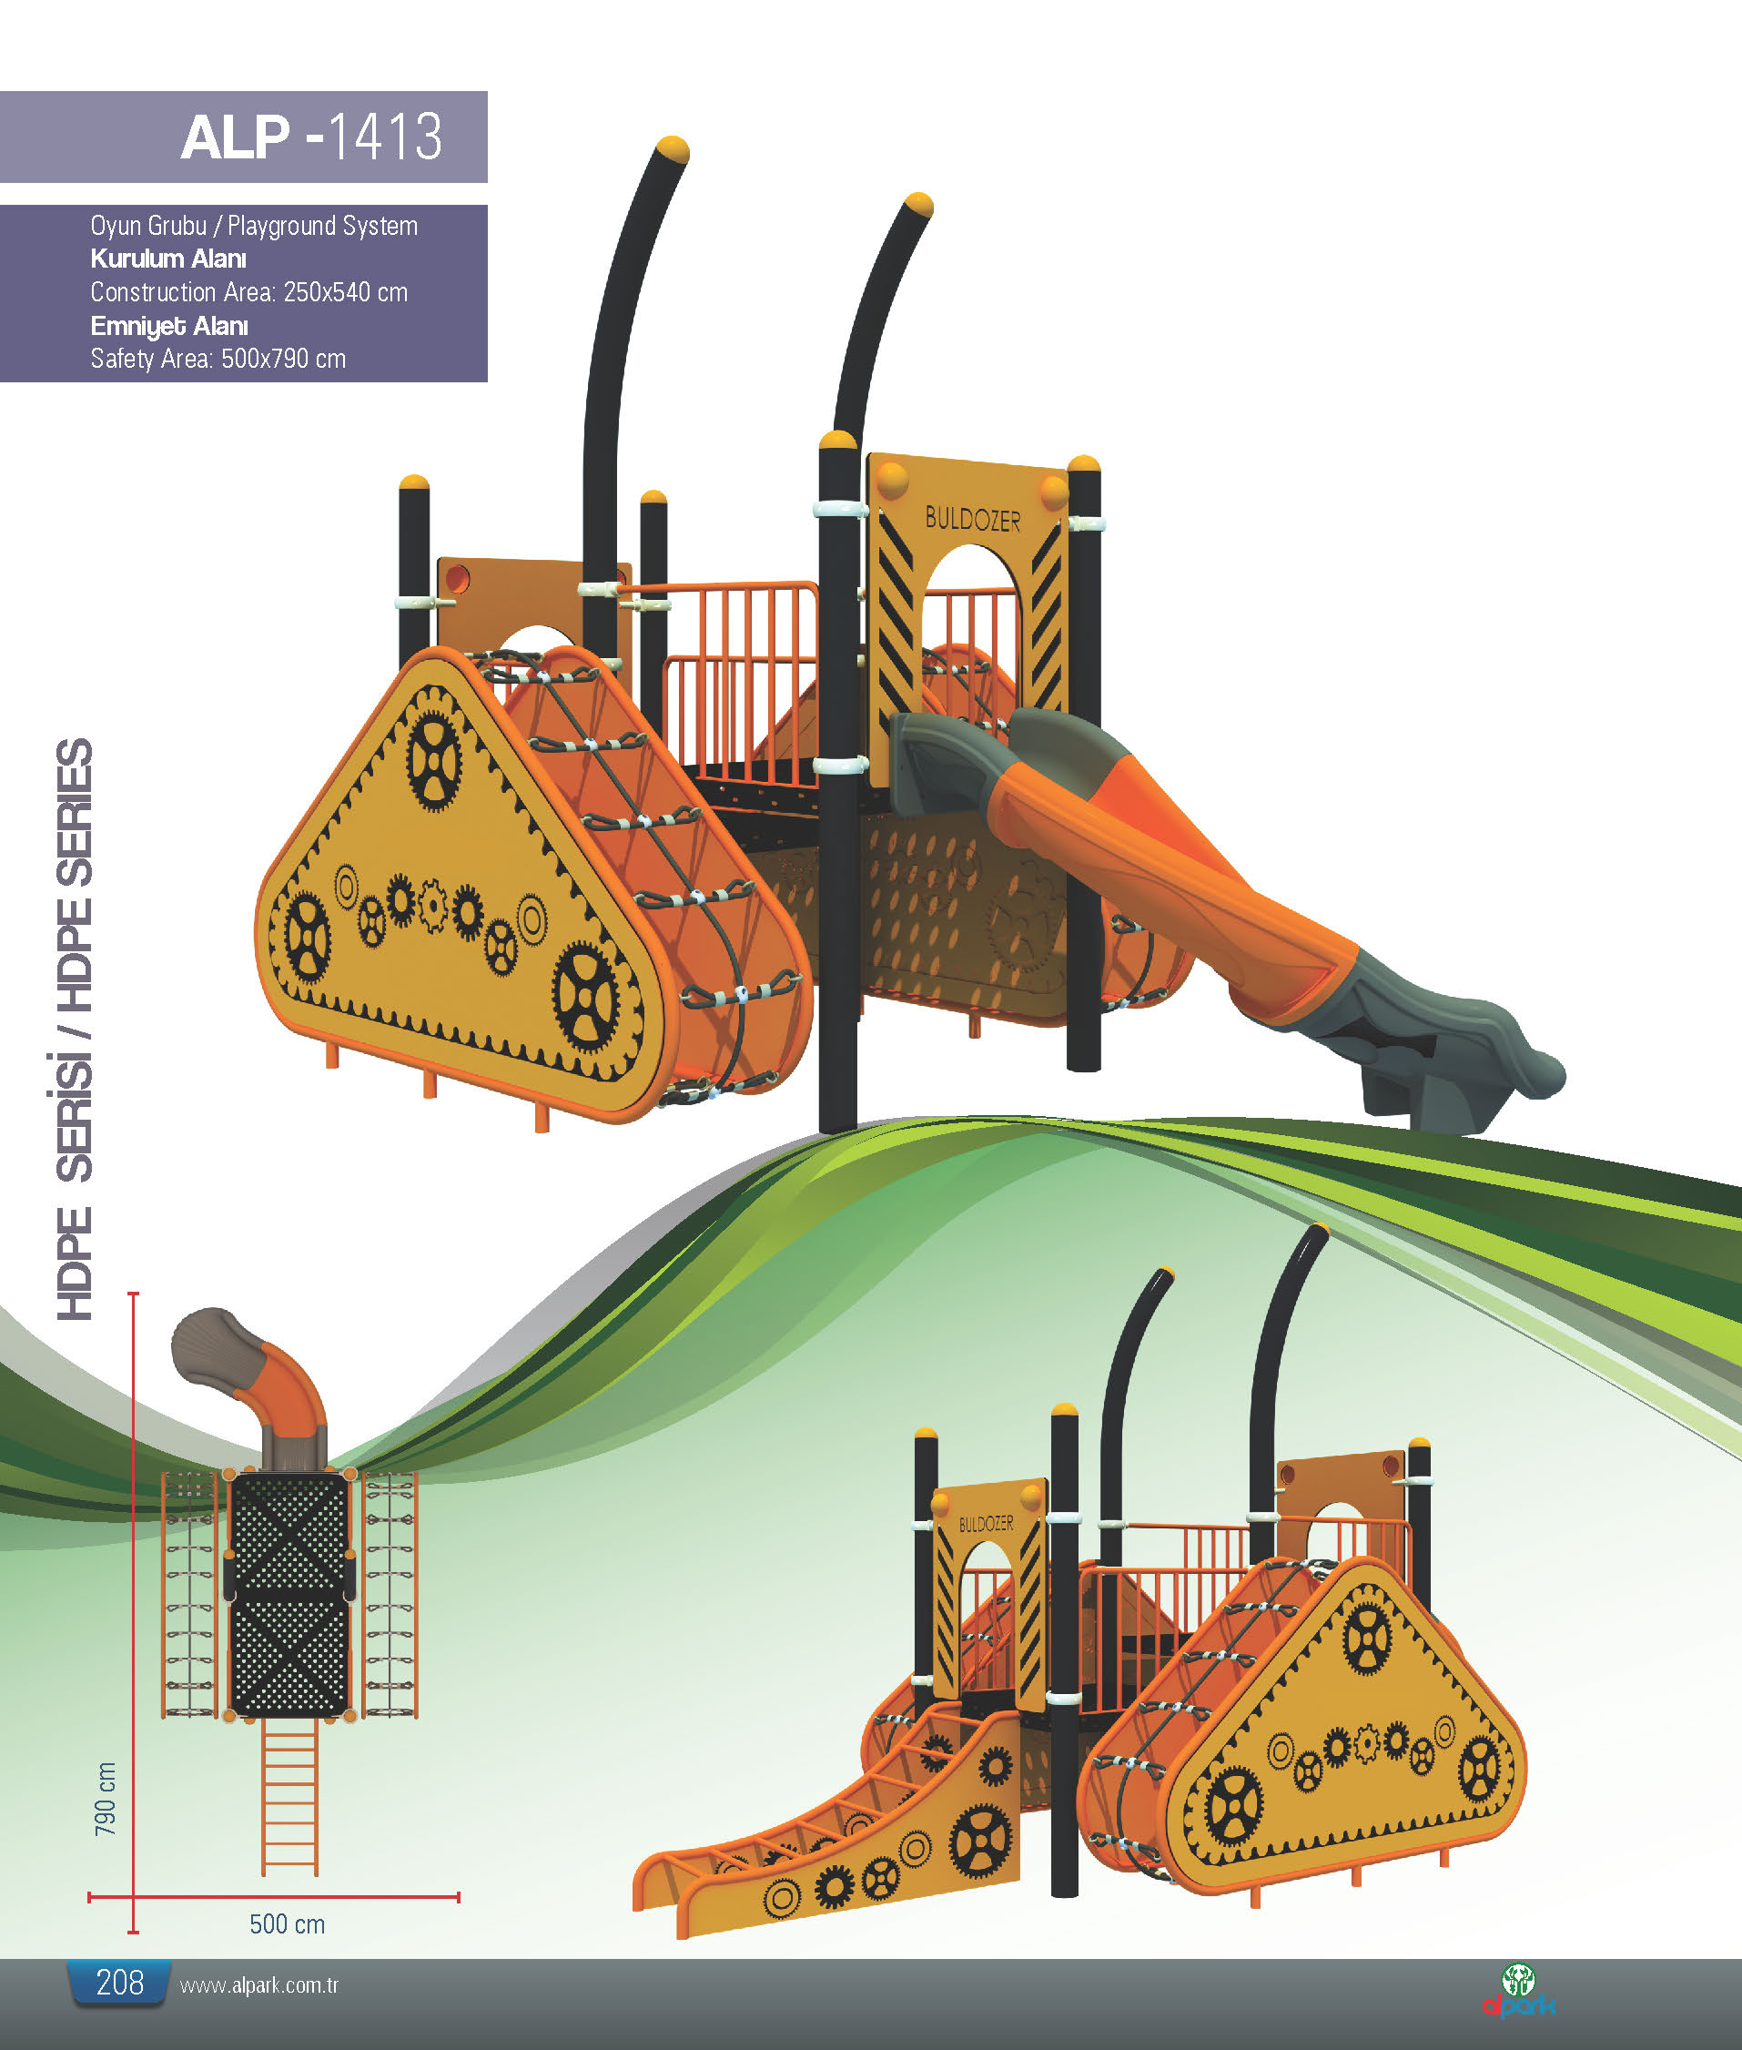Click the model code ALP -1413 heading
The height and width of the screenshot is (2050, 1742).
pos(311,137)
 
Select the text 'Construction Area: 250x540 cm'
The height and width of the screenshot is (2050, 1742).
pos(248,292)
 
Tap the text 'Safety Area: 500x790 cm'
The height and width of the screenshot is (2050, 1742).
pos(218,359)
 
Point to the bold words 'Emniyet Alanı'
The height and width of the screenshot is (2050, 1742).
pos(170,326)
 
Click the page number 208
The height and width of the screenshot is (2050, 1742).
pos(119,1982)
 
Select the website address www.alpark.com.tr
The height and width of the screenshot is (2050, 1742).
pos(259,1984)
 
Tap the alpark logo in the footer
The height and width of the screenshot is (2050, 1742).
pos(1518,1989)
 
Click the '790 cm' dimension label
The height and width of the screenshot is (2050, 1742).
pos(106,1799)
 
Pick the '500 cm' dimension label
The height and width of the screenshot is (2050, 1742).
pos(288,1923)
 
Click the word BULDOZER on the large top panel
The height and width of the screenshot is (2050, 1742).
pos(973,520)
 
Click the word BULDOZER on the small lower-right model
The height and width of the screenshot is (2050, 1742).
pos(986,1524)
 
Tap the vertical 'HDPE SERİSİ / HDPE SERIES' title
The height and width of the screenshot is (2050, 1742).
pos(75,1029)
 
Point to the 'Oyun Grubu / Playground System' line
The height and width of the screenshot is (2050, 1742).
pos(254,226)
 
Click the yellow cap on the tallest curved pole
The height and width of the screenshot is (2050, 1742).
pos(673,149)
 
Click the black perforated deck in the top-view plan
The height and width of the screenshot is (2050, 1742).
pos(289,1595)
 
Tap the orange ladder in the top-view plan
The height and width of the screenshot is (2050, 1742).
pos(289,1797)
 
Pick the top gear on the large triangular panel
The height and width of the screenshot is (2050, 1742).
pos(433,761)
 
